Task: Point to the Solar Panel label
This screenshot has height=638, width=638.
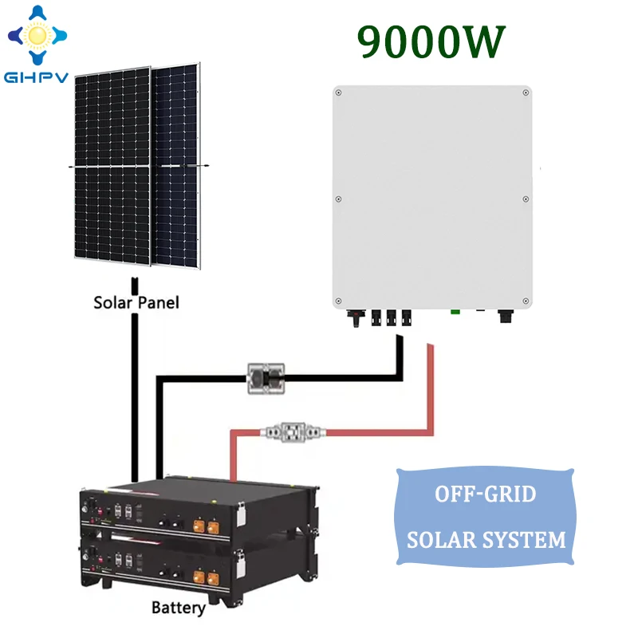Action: tap(136, 303)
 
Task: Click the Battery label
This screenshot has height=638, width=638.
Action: tap(179, 608)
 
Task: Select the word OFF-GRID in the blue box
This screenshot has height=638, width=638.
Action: tap(486, 494)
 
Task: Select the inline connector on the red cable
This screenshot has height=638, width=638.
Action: tap(293, 431)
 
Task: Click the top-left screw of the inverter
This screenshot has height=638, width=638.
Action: tap(339, 93)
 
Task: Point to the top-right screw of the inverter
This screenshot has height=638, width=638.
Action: tap(525, 93)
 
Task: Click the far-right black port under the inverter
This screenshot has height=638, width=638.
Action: tap(504, 316)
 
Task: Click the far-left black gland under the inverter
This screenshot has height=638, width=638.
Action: tap(351, 317)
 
